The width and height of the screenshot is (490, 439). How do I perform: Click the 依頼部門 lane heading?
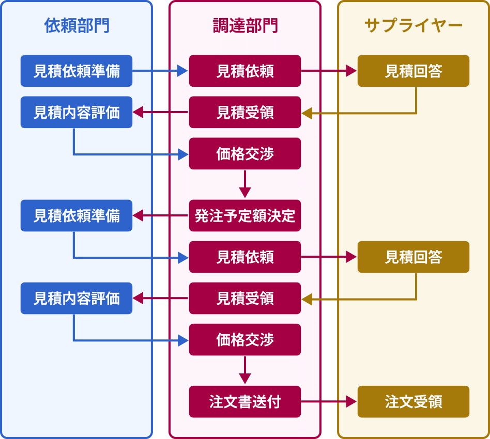click(x=76, y=26)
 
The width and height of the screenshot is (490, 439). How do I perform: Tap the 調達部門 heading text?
click(x=245, y=26)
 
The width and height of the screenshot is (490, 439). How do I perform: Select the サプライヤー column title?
click(x=413, y=26)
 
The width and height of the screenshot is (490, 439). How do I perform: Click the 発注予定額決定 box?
click(x=245, y=215)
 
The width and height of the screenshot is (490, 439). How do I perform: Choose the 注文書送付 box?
click(x=245, y=401)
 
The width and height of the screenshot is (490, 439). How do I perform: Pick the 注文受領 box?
click(x=413, y=401)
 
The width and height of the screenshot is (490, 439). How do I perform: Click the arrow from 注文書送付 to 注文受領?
click(x=329, y=401)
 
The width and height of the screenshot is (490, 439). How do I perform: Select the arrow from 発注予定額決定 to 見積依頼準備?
click(x=160, y=215)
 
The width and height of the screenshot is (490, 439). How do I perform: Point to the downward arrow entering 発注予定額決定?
click(x=245, y=184)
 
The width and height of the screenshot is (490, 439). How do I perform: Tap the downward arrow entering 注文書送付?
click(x=245, y=370)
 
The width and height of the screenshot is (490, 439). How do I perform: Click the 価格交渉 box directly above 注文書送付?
click(x=245, y=339)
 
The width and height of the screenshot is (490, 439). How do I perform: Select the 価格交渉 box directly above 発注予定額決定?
click(x=245, y=153)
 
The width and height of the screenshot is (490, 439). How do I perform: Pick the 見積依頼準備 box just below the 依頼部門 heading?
click(x=76, y=71)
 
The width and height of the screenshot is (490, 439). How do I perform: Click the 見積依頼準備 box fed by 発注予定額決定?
click(x=76, y=215)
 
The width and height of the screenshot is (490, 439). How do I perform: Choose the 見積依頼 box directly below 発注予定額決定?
click(x=245, y=257)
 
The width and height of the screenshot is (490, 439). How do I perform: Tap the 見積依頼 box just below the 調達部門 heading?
click(x=245, y=71)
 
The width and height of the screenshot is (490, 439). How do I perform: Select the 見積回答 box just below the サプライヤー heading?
click(x=413, y=71)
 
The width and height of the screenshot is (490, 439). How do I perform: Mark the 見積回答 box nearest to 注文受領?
click(x=413, y=257)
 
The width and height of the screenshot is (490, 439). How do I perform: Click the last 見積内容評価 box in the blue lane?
click(x=76, y=298)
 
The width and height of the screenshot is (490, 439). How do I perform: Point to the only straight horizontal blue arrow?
click(x=160, y=71)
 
